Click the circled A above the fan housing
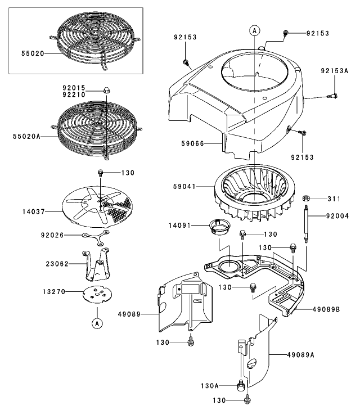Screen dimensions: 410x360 point(255,29)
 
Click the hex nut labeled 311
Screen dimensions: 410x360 point(307,199)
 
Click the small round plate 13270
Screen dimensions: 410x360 point(97,295)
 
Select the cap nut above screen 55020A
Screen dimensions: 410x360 point(105,90)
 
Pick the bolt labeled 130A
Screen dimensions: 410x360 point(241,385)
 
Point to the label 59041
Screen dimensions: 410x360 point(190,184)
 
